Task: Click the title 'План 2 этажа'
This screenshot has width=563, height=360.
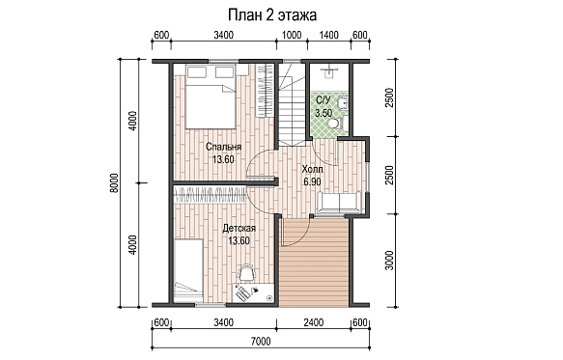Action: tap(272, 15)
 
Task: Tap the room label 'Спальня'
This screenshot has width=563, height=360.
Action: tap(223, 147)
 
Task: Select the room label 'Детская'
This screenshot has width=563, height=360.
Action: tap(239, 229)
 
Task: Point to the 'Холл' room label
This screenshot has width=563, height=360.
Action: tap(312, 169)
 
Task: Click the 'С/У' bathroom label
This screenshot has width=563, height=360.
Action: tap(323, 99)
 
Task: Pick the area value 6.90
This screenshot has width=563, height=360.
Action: tap(312, 181)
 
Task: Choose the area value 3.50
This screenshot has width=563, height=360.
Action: tap(324, 113)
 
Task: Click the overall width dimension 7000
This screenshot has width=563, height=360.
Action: tap(261, 341)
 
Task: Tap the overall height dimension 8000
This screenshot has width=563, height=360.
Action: tap(114, 183)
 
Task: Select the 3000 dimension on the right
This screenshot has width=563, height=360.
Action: tap(389, 261)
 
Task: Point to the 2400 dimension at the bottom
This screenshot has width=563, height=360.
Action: tap(314, 322)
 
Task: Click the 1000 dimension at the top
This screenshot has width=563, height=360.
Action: tap(292, 35)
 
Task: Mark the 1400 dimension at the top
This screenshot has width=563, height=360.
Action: tap(329, 35)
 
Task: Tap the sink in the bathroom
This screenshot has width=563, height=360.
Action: tap(343, 103)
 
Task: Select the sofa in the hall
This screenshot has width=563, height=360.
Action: tap(339, 203)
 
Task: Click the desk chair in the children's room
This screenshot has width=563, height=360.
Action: tap(246, 272)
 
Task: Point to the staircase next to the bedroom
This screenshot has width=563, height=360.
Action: tap(292, 104)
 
